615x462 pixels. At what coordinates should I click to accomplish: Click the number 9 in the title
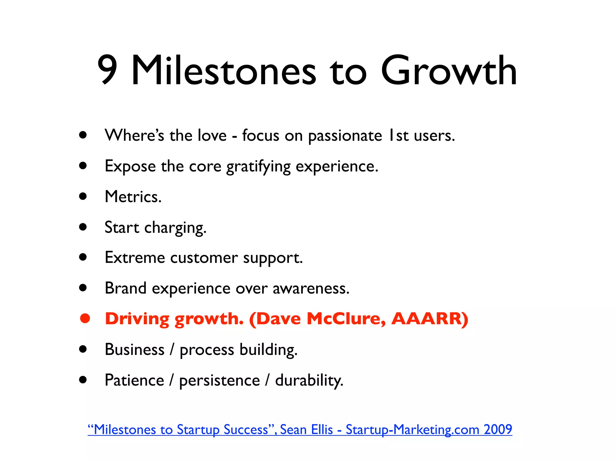[x=107, y=70]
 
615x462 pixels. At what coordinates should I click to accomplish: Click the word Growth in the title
[x=449, y=71]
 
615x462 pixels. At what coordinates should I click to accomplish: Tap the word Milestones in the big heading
[x=223, y=71]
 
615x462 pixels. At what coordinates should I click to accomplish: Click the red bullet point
[x=85, y=319]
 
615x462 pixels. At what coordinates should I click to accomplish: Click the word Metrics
[x=133, y=197]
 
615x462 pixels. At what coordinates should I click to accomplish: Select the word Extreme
[x=135, y=258]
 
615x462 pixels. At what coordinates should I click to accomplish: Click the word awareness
[x=311, y=288]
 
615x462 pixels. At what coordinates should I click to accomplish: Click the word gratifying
[x=258, y=167]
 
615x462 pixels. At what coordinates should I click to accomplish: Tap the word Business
[x=135, y=350]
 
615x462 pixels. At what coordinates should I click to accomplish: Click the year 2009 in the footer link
[x=498, y=430]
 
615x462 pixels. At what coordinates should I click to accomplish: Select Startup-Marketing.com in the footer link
[x=412, y=430]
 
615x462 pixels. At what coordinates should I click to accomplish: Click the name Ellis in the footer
[x=322, y=430]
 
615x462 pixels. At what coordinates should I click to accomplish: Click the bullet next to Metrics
[x=83, y=196]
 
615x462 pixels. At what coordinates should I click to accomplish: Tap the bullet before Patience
[x=83, y=380]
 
